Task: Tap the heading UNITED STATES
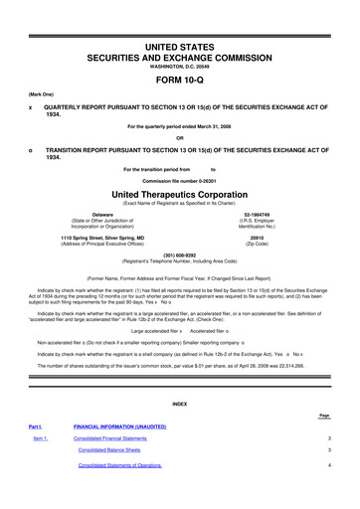click(180, 21)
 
